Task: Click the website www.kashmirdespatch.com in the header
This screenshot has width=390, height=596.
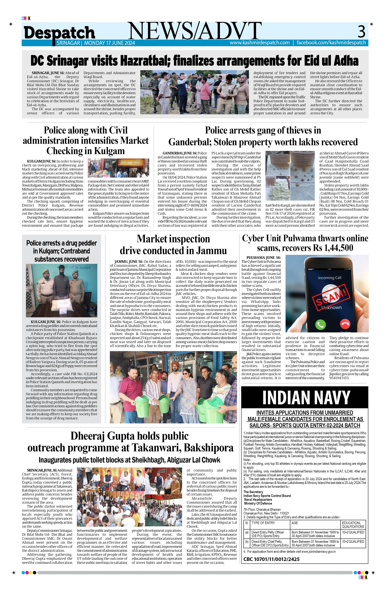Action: coord(260,43)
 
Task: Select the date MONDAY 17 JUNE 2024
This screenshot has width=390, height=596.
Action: coord(109,43)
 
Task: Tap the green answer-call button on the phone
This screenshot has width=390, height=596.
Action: coord(320,325)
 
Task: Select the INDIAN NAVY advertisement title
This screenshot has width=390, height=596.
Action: coord(306,398)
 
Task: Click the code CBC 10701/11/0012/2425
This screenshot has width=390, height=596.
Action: coord(271,559)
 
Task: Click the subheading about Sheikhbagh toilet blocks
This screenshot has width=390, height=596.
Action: coord(129,460)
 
